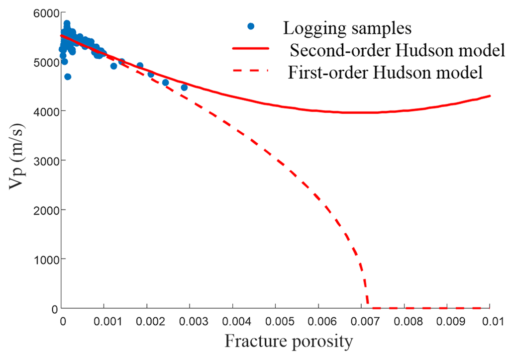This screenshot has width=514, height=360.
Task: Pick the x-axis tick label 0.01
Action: (x=490, y=321)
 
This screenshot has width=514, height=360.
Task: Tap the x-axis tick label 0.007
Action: (x=362, y=321)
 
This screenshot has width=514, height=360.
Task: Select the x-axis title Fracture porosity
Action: (x=289, y=342)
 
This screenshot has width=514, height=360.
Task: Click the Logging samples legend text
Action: (x=347, y=28)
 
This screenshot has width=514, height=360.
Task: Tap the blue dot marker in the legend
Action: (x=251, y=26)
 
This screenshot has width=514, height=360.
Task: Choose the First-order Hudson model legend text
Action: (x=386, y=73)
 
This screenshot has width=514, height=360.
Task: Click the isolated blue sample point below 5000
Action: (x=68, y=77)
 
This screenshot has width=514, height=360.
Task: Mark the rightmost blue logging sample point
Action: (x=184, y=88)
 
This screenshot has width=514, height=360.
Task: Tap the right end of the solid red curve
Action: (x=490, y=96)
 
